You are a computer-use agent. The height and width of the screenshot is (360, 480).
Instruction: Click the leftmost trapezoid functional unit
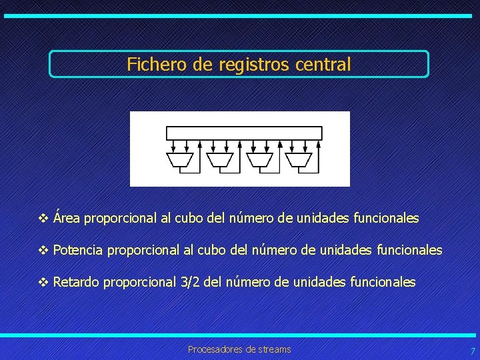[x=180, y=159]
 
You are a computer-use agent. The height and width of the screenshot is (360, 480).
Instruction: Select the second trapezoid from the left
[x=219, y=159]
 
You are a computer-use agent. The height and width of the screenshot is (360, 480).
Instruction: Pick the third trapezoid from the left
[x=259, y=159]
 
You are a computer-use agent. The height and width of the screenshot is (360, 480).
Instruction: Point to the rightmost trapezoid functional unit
[x=299, y=159]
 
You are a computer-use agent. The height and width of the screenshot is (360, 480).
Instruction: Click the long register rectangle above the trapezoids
[x=244, y=133]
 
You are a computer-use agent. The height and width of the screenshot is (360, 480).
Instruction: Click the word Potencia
[x=78, y=250]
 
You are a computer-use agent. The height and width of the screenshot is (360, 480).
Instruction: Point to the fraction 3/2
[x=190, y=282]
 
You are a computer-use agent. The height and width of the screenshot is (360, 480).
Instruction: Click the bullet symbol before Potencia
[x=44, y=251]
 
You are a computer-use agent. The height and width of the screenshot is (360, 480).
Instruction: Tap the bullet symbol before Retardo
[x=44, y=283]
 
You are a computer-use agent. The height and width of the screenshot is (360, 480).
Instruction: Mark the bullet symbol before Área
[x=44, y=219]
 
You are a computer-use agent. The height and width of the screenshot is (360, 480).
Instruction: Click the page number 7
[x=473, y=351]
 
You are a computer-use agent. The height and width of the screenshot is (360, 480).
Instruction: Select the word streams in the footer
[x=273, y=349]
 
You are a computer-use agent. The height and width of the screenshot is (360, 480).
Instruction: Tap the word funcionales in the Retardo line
[x=383, y=282]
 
